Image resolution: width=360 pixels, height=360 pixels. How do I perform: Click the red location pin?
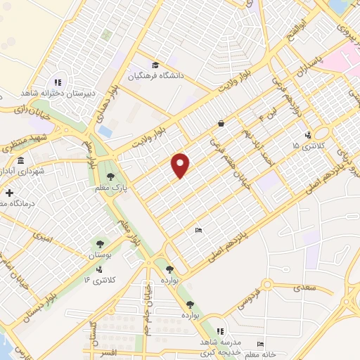[x=181, y=165]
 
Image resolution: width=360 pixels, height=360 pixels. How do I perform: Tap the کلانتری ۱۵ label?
[x=306, y=145]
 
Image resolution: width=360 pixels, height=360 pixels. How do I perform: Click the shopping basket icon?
[x=221, y=123]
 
